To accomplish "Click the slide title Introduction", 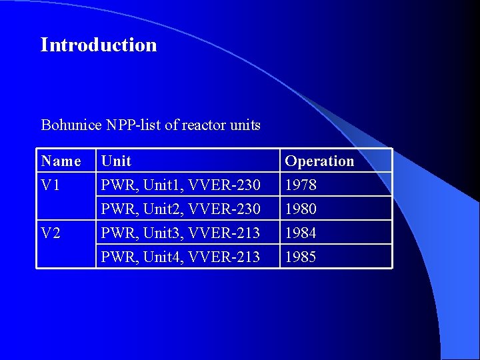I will pos(99,45).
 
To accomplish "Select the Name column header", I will pos(61,161).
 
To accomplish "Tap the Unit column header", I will pos(116,161).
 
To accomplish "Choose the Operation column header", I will pos(319,161).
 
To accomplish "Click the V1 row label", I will pos(51,185).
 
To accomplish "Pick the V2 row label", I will pos(51,233).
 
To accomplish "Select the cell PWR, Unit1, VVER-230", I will pos(180,185).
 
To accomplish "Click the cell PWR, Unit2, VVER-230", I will pos(180,209).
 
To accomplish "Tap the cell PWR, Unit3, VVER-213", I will pos(180,233).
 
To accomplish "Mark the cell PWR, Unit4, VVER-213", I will pos(180,257).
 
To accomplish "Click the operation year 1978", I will pos(301,185).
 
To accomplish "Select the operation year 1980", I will pos(301,209).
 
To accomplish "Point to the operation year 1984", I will pos(301,233).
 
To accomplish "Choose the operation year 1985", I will pos(301,257).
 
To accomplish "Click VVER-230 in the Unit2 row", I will pos(225,209).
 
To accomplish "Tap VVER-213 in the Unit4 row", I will pos(225,257).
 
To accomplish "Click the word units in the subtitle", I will pos(245,125).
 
